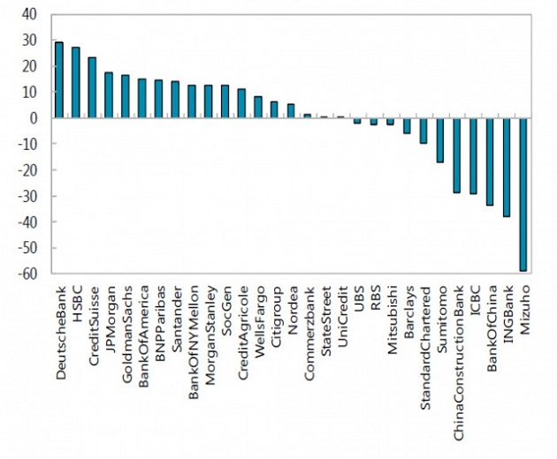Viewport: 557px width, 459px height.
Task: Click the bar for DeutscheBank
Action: point(59,79)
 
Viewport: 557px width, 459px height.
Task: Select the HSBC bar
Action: point(76,82)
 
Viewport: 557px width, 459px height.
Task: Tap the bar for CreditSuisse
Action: point(92,87)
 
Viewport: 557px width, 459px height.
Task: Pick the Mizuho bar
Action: point(523,194)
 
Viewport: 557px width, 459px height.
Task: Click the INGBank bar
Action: point(507,167)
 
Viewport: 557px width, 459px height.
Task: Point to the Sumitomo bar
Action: point(440,140)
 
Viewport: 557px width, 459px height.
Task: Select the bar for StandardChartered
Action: point(423,131)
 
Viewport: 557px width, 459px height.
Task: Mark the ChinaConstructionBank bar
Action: point(457,155)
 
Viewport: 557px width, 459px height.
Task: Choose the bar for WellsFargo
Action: point(258,107)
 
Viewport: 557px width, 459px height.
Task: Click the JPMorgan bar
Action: point(109,94)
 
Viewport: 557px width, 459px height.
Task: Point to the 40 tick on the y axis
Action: point(29,14)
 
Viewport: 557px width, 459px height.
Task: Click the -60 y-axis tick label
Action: point(27,274)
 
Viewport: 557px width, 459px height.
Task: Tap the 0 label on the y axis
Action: point(34,118)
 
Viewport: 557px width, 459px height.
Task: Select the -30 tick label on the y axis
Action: point(27,196)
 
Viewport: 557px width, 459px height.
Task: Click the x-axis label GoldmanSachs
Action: point(126,335)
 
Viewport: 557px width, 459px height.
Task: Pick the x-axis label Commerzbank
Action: point(309,334)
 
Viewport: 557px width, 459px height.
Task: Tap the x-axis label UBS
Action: point(359,298)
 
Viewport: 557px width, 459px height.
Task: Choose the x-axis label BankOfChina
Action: point(492,328)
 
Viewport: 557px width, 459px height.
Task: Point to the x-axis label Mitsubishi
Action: point(393,320)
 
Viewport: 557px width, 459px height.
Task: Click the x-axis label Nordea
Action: point(293,311)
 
